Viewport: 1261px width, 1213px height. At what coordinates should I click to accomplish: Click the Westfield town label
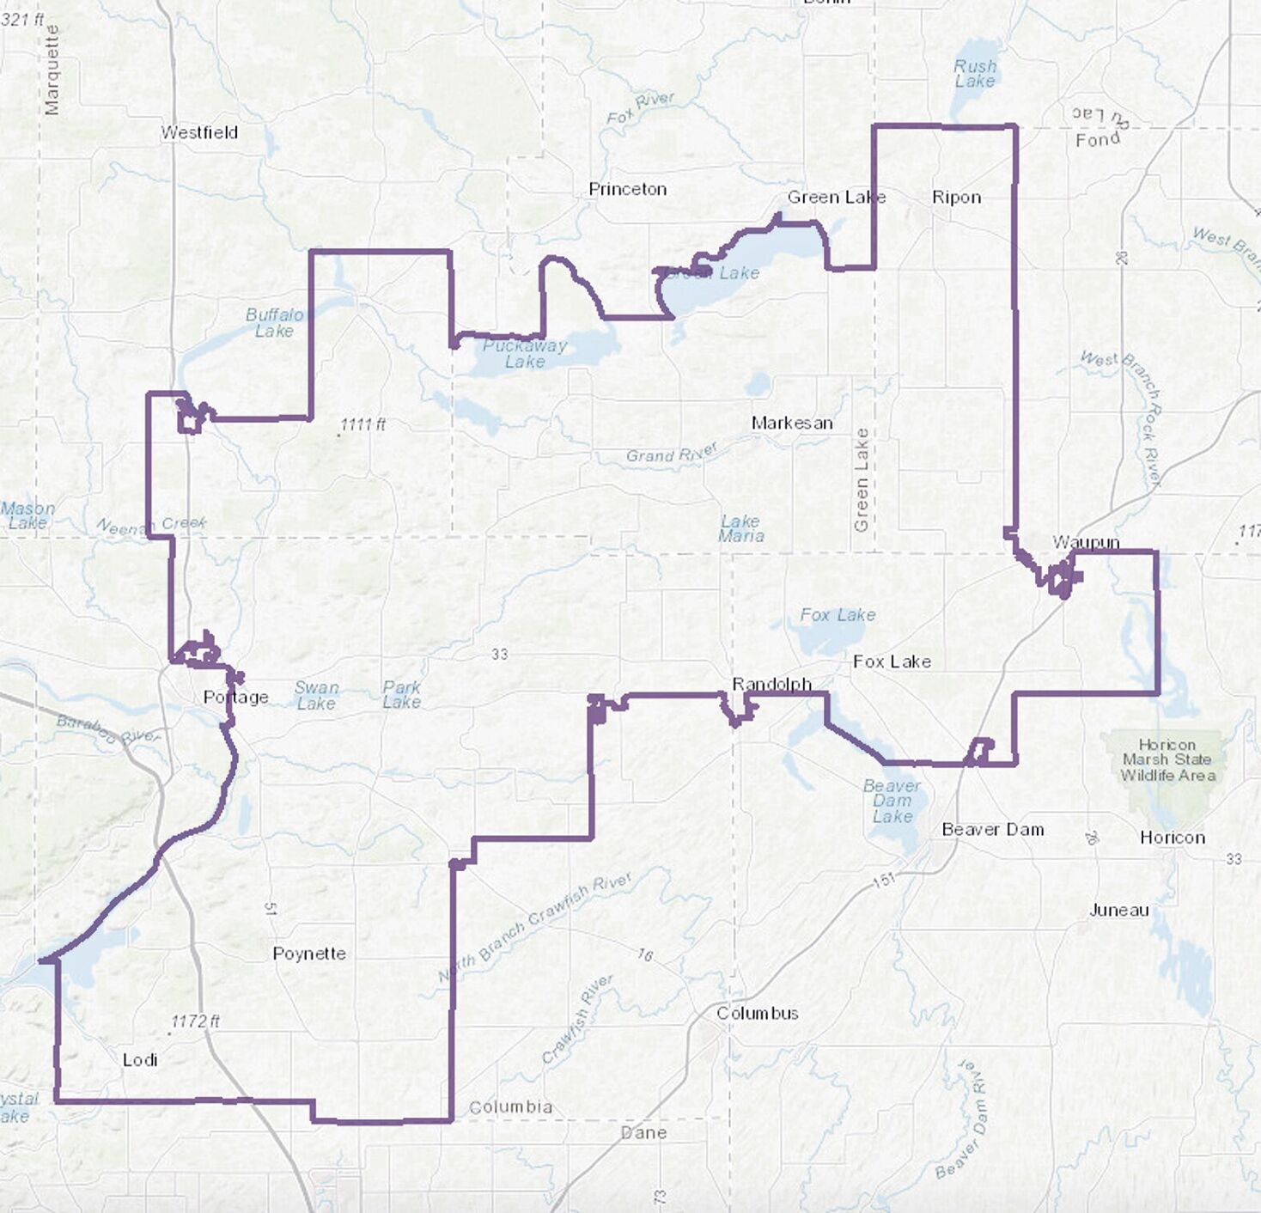click(199, 133)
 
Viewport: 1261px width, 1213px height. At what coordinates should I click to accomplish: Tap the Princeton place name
click(627, 189)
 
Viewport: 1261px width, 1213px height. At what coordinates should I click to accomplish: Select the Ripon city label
click(956, 198)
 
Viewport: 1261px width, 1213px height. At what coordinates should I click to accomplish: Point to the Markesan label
click(792, 423)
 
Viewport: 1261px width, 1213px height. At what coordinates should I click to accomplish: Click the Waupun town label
click(1086, 542)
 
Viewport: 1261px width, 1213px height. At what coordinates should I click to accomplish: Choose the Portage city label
click(235, 697)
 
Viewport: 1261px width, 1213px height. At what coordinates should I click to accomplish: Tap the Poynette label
click(309, 954)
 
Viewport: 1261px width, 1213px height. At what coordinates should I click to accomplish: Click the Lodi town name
click(140, 1060)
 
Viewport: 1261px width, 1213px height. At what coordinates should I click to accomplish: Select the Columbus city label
click(758, 1013)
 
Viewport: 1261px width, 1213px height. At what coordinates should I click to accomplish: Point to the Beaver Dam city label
click(993, 830)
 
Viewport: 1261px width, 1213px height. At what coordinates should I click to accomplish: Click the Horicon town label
click(1172, 838)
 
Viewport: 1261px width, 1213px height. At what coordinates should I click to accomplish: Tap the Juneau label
click(1118, 910)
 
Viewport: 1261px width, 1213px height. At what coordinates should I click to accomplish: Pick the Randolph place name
click(771, 684)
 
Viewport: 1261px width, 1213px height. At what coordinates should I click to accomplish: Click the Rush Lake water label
click(975, 74)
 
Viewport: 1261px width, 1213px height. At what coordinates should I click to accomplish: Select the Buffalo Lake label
click(274, 322)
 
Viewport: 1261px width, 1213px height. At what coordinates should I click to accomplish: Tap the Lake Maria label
click(740, 528)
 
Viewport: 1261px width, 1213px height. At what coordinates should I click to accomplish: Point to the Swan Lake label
click(316, 695)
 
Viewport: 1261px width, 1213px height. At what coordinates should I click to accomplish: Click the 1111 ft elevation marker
click(362, 424)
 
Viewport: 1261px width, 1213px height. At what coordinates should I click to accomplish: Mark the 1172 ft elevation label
click(195, 1021)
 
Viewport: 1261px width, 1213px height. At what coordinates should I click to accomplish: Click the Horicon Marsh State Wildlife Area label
click(1167, 759)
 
